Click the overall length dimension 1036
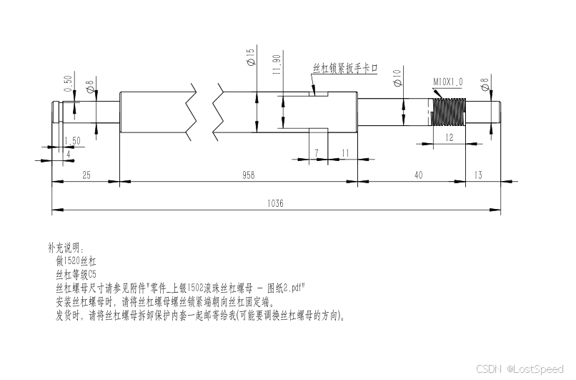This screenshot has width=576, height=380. pos(276,203)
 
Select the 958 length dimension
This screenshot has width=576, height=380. pos(247,175)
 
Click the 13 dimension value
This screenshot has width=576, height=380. pos(477,175)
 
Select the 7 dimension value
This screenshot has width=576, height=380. pos(315,153)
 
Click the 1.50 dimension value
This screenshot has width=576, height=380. pos(72,140)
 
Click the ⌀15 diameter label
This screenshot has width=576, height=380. pos(251,57)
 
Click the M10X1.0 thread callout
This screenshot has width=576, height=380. pos(448,82)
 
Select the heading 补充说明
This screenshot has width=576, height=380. pos(66,248)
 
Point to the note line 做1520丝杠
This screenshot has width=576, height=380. pos(76,261)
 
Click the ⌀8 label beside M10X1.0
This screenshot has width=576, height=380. pos(485,84)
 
